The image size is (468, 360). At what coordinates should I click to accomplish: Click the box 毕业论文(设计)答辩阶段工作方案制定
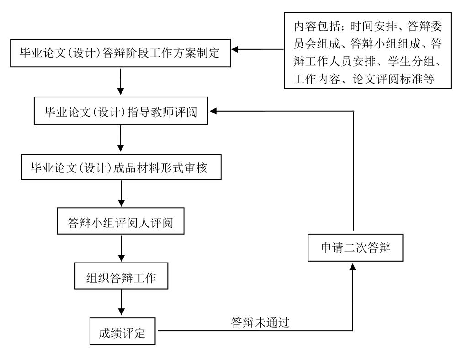[120, 54]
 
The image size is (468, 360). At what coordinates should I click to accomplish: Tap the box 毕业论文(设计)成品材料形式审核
[121, 168]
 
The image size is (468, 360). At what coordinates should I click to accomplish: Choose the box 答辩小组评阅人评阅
[121, 223]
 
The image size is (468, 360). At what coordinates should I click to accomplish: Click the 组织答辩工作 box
[121, 278]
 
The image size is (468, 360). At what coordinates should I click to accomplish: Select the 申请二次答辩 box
[355, 247]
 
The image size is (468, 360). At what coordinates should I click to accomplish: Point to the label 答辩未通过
[261, 322]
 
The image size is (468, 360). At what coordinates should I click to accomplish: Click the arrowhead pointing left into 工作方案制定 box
[236, 49]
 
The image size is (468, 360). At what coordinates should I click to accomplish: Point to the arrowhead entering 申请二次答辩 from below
[352, 267]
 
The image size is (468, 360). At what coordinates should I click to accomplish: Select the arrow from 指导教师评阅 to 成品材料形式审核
[121, 138]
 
